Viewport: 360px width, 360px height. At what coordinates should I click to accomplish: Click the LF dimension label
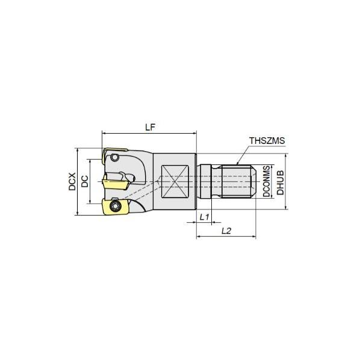tap(151, 127)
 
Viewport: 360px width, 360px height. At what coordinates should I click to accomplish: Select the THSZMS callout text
tap(267, 141)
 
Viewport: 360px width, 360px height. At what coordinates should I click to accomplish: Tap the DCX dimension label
tap(72, 181)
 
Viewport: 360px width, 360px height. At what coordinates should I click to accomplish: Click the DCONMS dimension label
tap(265, 181)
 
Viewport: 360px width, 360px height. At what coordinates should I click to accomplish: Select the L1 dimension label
tap(203, 216)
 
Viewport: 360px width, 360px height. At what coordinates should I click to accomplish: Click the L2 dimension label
tap(227, 231)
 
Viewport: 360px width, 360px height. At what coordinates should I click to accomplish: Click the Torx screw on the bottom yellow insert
tap(115, 207)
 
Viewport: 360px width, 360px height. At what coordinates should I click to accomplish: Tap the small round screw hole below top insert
tap(115, 158)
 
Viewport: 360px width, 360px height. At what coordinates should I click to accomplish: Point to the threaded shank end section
tap(237, 181)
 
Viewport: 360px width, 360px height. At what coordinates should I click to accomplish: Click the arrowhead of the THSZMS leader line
tap(238, 164)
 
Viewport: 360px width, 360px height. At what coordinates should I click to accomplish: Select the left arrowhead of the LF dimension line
tap(104, 134)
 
